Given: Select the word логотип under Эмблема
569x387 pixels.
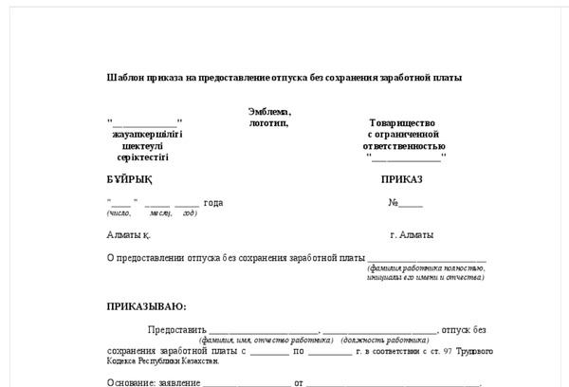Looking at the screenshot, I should (x=268, y=123).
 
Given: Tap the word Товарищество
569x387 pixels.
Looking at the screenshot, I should (x=401, y=123).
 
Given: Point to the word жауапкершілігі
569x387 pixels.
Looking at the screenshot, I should (x=147, y=135).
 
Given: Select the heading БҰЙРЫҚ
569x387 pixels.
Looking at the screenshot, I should (x=129, y=179).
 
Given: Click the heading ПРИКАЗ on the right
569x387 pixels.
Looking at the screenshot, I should (x=401, y=179).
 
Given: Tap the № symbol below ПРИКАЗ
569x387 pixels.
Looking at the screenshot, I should (x=393, y=203).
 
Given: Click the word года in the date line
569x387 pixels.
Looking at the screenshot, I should (x=213, y=203).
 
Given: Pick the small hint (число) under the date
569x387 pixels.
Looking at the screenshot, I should (x=119, y=213).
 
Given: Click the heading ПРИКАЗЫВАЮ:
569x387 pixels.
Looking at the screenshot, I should (x=147, y=306).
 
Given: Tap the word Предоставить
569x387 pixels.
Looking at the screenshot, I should (x=176, y=329).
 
